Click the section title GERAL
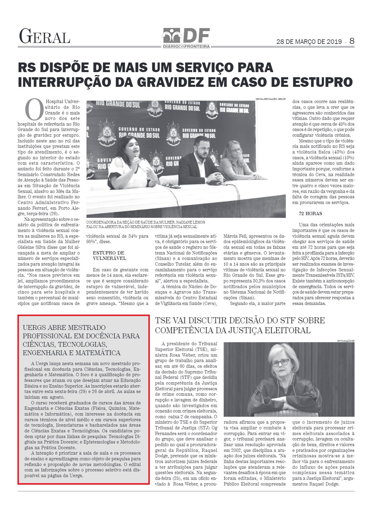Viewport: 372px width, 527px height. [44, 36]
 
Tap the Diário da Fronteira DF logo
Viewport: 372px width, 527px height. [186, 38]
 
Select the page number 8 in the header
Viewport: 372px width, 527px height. [352, 41]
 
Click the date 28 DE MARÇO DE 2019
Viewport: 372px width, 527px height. [309, 42]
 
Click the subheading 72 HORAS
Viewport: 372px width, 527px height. [310, 214]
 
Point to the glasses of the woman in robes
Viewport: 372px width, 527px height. [280, 362]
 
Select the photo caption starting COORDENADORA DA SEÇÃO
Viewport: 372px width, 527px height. [146, 224]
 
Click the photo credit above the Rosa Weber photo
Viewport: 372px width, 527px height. [346, 341]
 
